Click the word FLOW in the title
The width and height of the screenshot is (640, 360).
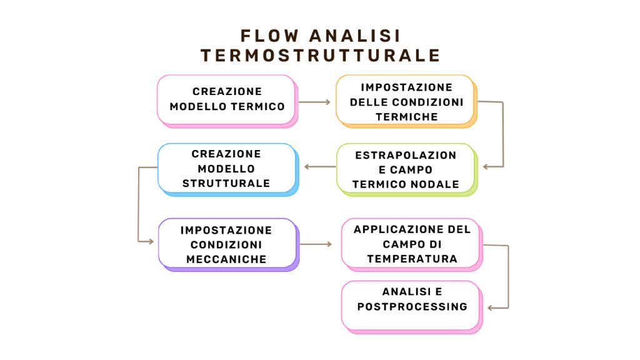point(269,36)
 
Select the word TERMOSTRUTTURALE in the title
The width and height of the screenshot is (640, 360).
point(321,56)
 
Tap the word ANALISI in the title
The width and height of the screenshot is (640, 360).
point(355,36)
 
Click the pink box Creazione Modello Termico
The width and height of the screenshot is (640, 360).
point(227,101)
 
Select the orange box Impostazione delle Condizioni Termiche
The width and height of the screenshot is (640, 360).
point(406,101)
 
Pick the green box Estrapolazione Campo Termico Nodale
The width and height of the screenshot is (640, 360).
point(406,169)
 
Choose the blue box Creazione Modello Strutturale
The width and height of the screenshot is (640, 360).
point(227,169)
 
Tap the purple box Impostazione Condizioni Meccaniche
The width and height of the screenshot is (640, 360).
point(229,244)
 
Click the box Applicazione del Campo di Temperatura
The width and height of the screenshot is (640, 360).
point(412,244)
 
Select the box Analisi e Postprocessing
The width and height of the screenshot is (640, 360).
point(412,307)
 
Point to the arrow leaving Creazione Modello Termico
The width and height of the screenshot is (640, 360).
point(314,102)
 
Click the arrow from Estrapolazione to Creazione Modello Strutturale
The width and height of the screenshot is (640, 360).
point(320,166)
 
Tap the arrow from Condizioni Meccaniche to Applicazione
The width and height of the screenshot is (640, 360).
point(316,244)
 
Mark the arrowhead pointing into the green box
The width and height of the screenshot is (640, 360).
point(486,166)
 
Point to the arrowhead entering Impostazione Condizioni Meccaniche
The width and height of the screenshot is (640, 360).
point(151,242)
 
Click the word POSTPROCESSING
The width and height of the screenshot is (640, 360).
point(412,306)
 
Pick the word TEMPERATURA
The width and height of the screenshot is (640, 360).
point(412,259)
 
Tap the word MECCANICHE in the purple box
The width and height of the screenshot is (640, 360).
point(226,259)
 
